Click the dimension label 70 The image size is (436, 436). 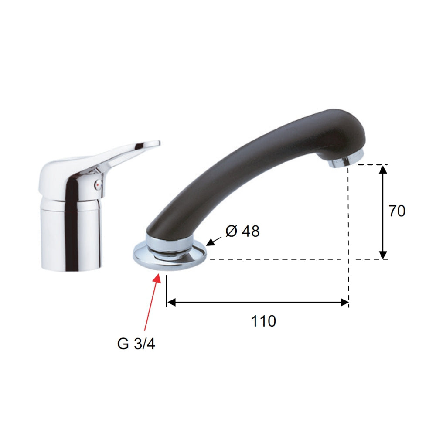click(x=397, y=211)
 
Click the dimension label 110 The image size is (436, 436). click(x=263, y=321)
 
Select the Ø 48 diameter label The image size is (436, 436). click(x=242, y=232)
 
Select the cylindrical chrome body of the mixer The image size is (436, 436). click(x=72, y=235)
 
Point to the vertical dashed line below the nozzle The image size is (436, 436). click(x=348, y=227)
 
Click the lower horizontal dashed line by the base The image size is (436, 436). click(x=279, y=259)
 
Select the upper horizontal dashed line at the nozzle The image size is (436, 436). click(x=371, y=164)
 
